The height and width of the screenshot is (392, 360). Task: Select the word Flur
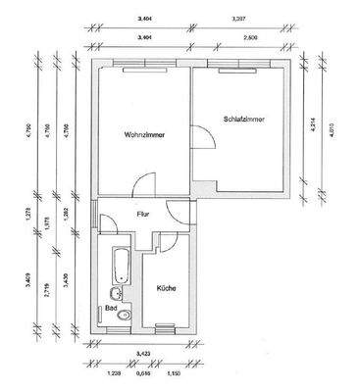click(142, 213)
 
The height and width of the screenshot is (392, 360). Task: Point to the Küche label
click(164, 288)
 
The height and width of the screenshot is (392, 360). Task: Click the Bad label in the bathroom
click(111, 306)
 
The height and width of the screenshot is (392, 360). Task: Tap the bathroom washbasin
click(116, 293)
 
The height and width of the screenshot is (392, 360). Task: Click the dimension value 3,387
click(237, 18)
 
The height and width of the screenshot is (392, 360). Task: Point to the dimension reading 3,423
click(142, 352)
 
